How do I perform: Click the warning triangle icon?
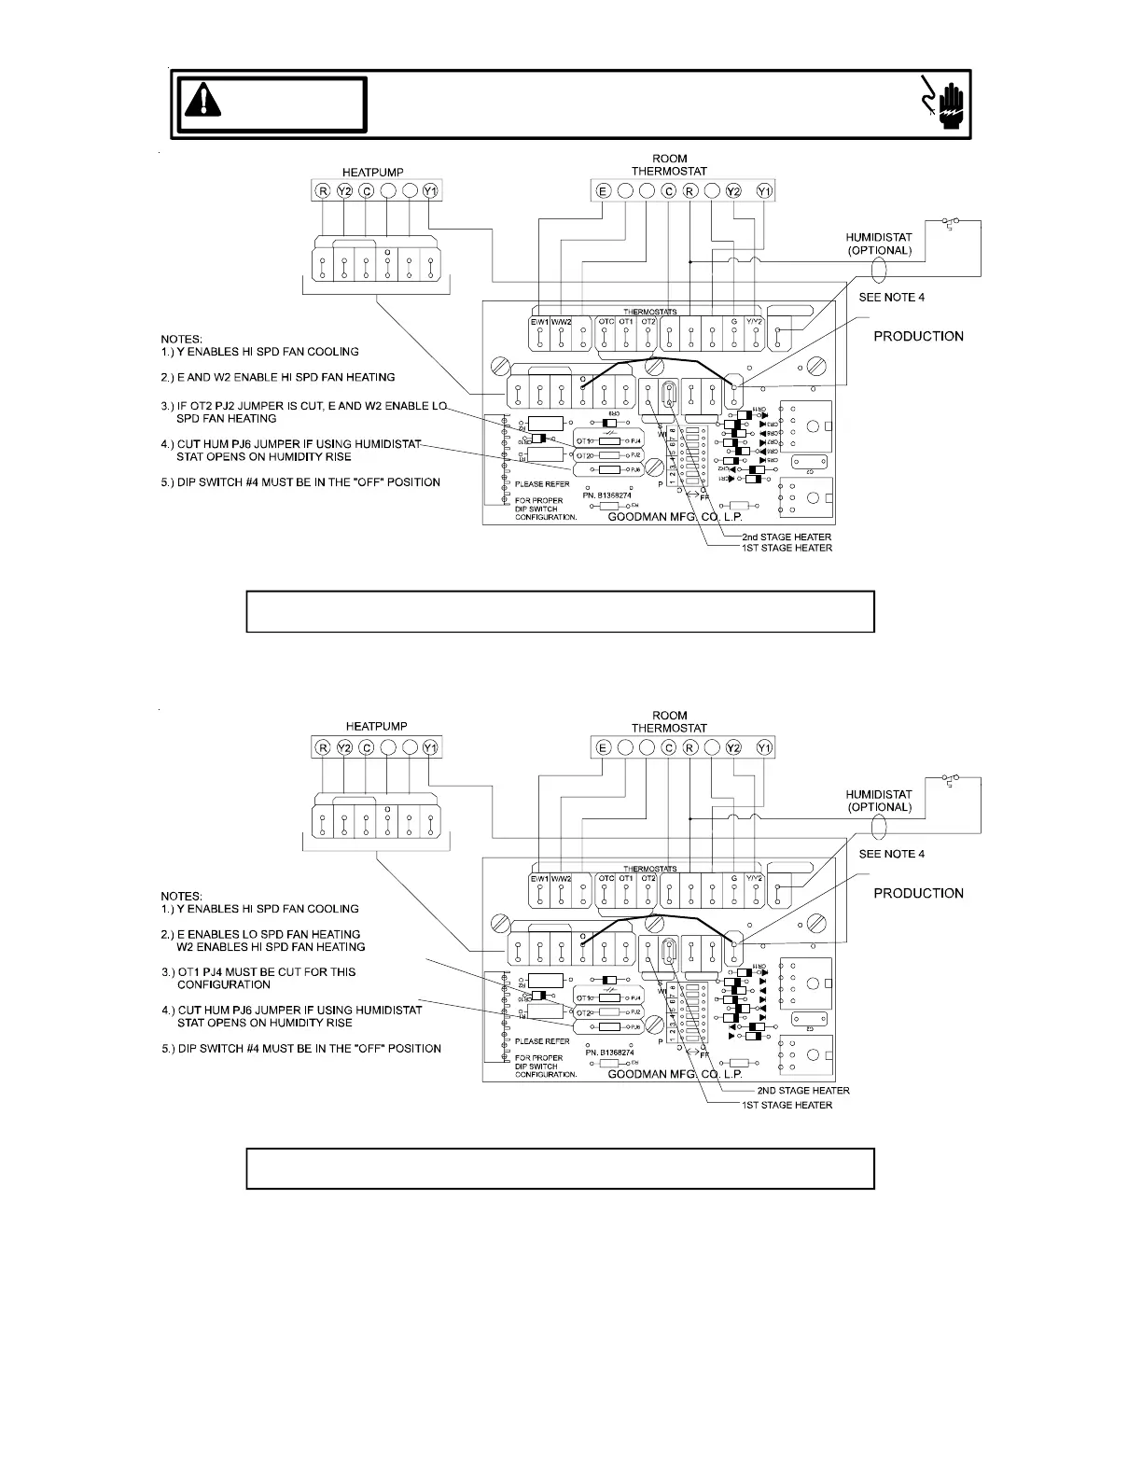[202, 99]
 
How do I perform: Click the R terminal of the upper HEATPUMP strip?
[323, 191]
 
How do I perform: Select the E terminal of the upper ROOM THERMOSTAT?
[603, 191]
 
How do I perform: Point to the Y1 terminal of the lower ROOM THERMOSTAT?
[764, 747]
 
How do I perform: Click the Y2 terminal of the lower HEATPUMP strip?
[345, 747]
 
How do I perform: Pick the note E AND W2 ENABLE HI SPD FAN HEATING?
[285, 377]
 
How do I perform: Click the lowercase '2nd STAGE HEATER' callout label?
[786, 537]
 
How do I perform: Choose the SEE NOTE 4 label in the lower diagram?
[892, 854]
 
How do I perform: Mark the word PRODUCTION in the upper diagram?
[918, 336]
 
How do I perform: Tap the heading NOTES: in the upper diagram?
[181, 339]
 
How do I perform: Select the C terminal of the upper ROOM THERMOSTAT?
[668, 191]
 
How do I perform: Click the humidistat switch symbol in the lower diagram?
[952, 778]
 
